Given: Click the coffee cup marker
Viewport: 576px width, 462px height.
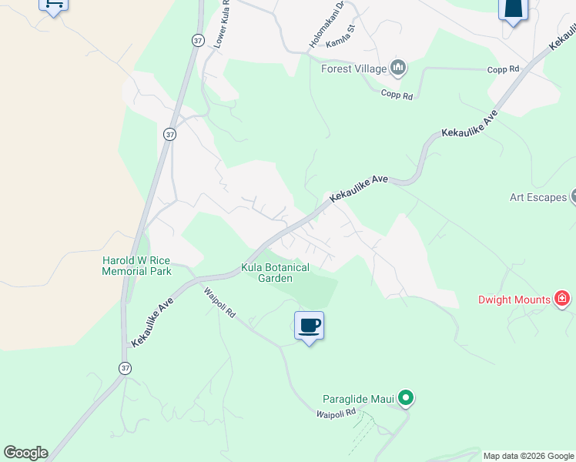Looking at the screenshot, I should pos(309,326).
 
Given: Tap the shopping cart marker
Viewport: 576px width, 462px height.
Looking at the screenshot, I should pos(53,5).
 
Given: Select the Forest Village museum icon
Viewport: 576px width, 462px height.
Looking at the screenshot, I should pos(399,69).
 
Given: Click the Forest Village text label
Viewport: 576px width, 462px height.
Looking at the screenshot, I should pos(354,69).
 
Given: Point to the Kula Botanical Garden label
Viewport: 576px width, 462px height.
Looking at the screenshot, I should pos(275,273).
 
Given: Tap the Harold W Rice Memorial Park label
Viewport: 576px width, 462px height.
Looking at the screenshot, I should pos(136,266).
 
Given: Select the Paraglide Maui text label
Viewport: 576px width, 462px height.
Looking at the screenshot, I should pos(358,399).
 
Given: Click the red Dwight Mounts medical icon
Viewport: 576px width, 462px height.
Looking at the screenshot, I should pos(562,299).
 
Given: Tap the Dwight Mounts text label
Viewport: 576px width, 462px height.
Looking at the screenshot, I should pos(514,300).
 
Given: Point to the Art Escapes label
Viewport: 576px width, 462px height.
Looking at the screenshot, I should pos(537,197).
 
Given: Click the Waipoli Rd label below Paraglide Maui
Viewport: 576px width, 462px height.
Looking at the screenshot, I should pos(336,413).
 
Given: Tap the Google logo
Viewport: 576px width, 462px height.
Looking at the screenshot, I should pos(25,453).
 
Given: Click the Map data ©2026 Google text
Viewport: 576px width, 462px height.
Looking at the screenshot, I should pos(528,456).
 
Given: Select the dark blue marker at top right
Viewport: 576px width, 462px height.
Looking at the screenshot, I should pos(513,9).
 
